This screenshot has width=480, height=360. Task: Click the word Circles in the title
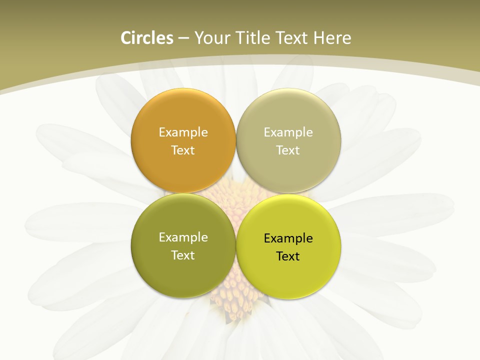click(147, 38)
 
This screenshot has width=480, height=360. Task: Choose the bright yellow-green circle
click(288, 273)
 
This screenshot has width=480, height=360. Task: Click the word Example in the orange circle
click(183, 132)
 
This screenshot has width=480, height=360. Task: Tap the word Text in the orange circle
click(183, 150)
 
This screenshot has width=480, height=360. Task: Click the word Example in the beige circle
click(288, 132)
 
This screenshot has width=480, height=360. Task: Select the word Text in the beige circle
click(288, 150)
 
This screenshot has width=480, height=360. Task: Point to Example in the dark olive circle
click(183, 237)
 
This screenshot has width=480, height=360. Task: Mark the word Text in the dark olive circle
click(183, 255)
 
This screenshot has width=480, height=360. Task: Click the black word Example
click(288, 238)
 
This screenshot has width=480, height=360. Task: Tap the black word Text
click(288, 256)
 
